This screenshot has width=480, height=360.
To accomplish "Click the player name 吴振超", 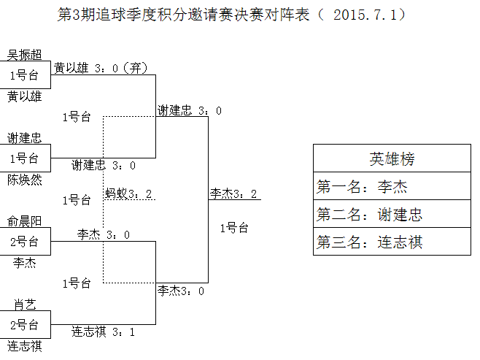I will tap(25, 55).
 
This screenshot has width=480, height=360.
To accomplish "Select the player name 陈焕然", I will tap(25, 179).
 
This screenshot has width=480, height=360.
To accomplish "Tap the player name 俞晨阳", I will tap(25, 221).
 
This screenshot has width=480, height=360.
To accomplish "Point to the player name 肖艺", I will tap(25, 305).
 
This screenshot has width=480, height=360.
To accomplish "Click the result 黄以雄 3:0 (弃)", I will tap(101, 69).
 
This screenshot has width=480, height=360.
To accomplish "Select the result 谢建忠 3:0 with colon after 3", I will tap(190, 110).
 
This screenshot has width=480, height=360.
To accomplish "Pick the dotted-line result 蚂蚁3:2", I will tap(129, 194).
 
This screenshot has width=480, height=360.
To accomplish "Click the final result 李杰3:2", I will tap(234, 194).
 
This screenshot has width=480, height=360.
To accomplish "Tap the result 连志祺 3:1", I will tap(103, 332).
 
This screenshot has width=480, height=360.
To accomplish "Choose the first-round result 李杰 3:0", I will tap(104, 234).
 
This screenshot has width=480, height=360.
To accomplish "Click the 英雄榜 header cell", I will tap(392, 158).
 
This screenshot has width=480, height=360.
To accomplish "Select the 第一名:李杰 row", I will tap(392, 186).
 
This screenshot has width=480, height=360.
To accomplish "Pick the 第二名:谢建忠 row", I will tap(392, 214).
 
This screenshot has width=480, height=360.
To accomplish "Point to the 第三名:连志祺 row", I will tap(392, 242).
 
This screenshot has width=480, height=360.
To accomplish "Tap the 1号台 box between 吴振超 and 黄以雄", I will tap(25, 75).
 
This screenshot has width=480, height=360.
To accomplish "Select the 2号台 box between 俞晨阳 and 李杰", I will tap(25, 242).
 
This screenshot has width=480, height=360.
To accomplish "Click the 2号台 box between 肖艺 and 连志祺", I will tap(25, 325).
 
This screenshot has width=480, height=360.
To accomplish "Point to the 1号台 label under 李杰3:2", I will tap(234, 228).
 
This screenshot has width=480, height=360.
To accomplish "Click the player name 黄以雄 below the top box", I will tap(25, 96).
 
